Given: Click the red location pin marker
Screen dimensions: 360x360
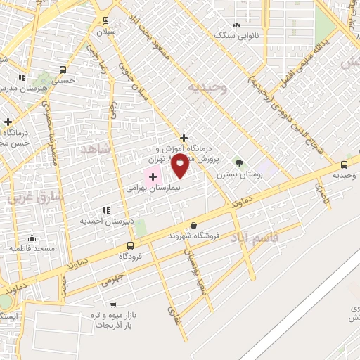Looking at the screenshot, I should pyautogui.click(x=180, y=167).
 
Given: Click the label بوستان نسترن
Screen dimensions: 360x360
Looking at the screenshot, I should pyautogui.click(x=236, y=174).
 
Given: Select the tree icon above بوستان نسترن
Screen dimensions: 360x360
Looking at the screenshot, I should pyautogui.click(x=239, y=162).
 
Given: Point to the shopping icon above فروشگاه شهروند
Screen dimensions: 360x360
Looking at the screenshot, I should pyautogui.click(x=193, y=225).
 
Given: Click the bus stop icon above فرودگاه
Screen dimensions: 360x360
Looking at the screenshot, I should pyautogui.click(x=130, y=245).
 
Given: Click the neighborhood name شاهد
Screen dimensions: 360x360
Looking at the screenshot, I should pyautogui.click(x=96, y=149).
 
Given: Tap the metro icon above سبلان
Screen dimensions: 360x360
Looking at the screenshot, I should pyautogui.click(x=105, y=21).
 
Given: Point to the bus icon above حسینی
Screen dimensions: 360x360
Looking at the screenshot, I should pyautogui.click(x=63, y=70).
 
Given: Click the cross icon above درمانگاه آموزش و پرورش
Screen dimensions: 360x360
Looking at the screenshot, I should pyautogui.click(x=184, y=138).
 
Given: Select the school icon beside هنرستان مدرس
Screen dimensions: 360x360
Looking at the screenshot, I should pyautogui.click(x=22, y=77).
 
